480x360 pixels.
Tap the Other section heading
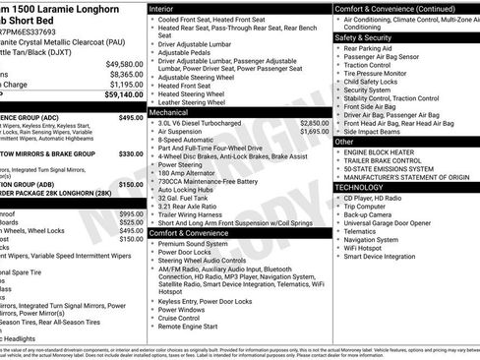pos(344,142)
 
